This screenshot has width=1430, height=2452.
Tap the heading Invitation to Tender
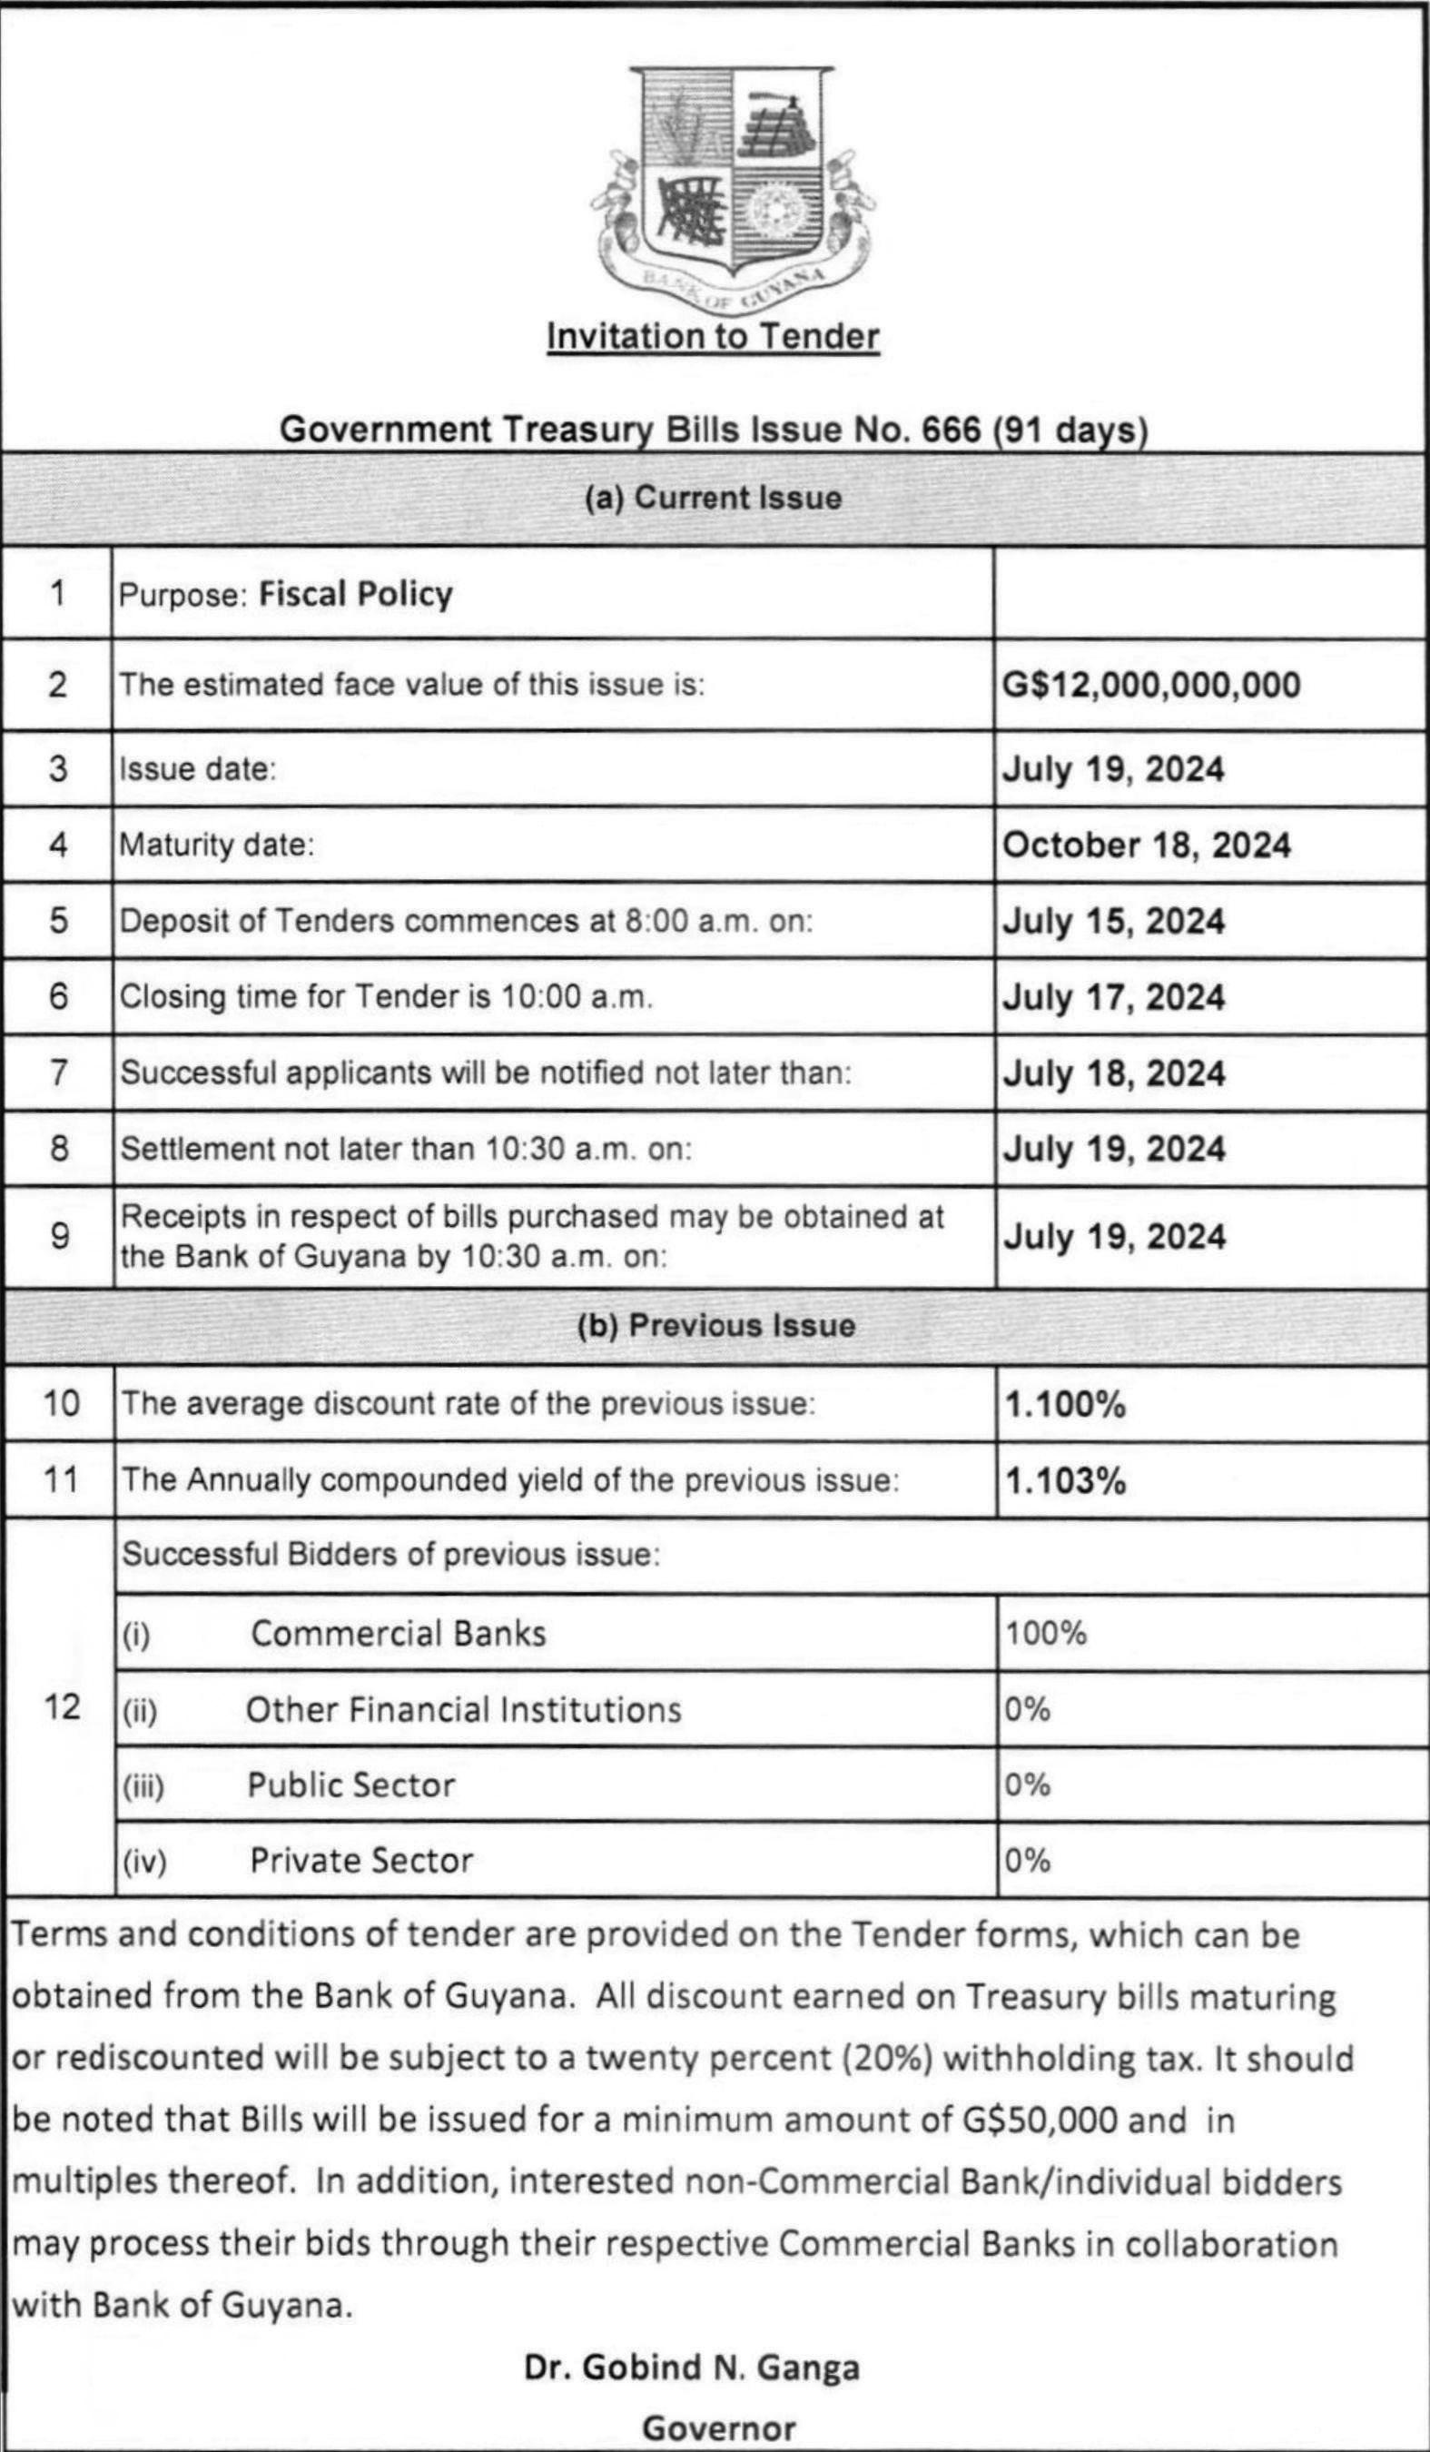713,337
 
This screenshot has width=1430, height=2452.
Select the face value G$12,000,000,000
1151,684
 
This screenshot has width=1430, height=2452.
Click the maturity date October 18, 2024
1146,845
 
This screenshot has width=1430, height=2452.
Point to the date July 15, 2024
1113,921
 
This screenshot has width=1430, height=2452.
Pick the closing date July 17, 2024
1113,997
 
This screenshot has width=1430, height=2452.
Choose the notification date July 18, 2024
1113,1073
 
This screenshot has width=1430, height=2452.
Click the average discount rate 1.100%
1065,1404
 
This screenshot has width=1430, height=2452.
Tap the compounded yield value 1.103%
1065,1481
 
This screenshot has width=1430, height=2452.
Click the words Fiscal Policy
355,594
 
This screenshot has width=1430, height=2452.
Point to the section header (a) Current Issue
713,499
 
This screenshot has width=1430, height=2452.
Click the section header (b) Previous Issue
716,1325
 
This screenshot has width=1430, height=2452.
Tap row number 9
59,1236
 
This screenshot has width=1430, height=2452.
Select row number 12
62,1706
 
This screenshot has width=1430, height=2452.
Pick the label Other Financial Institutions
463,1709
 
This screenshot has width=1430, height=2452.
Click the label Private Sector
361,1861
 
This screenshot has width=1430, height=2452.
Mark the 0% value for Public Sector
1027,1785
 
